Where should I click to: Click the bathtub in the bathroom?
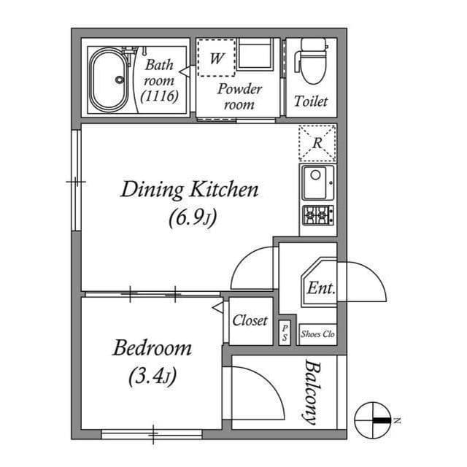[112, 80]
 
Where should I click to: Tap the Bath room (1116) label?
[159, 80]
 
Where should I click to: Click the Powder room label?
[239, 96]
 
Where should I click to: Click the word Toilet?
[311, 101]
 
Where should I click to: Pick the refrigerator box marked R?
[317, 143]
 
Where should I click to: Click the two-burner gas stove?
[317, 215]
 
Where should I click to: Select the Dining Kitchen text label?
[189, 190]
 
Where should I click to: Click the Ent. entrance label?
[320, 287]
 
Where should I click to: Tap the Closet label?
[250, 320]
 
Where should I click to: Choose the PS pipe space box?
[285, 333]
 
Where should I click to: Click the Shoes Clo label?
[317, 333]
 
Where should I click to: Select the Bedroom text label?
[152, 348]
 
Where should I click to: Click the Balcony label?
[312, 392]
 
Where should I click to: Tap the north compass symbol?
[373, 420]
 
